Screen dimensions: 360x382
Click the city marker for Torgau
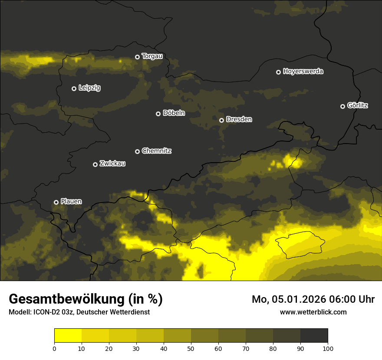pos(137,57)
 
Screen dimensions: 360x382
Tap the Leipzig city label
pos(89,88)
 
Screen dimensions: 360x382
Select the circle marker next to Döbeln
pos(158,114)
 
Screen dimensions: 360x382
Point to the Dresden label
pos(239,119)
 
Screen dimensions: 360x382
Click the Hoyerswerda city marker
pos(278,72)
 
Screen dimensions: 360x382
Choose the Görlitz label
pos(358,105)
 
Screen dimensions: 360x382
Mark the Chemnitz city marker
pos(137,151)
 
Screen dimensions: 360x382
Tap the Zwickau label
pos(112,164)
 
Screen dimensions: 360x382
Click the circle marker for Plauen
pos(56,202)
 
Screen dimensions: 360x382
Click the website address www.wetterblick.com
pos(313,312)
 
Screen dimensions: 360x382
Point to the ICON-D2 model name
pos(47,312)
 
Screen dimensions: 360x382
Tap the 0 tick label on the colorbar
pos(54,348)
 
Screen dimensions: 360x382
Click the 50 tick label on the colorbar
pos(191,348)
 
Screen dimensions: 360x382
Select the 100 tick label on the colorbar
pos(328,348)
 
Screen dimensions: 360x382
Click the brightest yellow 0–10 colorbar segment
pos(68,336)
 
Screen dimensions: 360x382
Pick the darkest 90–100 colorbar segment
pos(314,336)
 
